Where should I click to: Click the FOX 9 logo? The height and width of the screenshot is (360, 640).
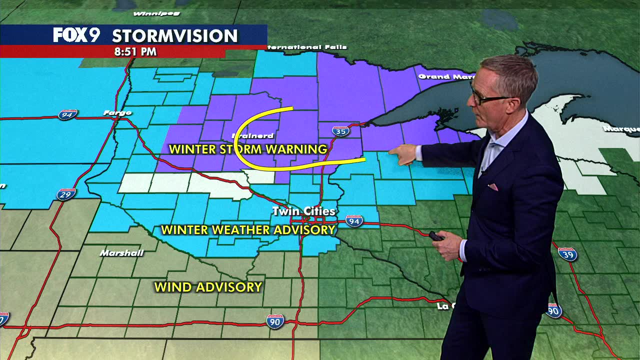click(76, 35)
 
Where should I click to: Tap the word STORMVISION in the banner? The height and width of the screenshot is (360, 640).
click(174, 36)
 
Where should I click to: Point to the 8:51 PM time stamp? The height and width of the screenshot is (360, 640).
click(135, 51)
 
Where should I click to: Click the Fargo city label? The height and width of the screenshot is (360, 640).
click(117, 113)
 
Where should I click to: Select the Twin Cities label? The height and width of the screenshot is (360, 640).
click(303, 211)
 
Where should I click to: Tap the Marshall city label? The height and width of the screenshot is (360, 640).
click(121, 253)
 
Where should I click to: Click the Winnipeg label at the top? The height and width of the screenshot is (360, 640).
click(150, 13)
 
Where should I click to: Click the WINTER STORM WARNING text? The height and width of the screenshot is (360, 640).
click(248, 149)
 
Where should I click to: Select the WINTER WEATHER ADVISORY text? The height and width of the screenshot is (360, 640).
click(248, 230)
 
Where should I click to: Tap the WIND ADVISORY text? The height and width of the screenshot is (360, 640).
click(208, 287)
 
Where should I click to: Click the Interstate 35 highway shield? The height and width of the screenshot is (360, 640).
click(340, 131)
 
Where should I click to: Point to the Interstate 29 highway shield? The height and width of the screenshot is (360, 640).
click(65, 193)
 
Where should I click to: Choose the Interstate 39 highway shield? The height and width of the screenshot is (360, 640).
click(567, 254)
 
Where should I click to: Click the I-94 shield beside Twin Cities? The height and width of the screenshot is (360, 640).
click(354, 220)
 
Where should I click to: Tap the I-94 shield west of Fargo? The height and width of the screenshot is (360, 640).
click(67, 114)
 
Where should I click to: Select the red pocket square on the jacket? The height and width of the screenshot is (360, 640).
click(493, 187)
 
